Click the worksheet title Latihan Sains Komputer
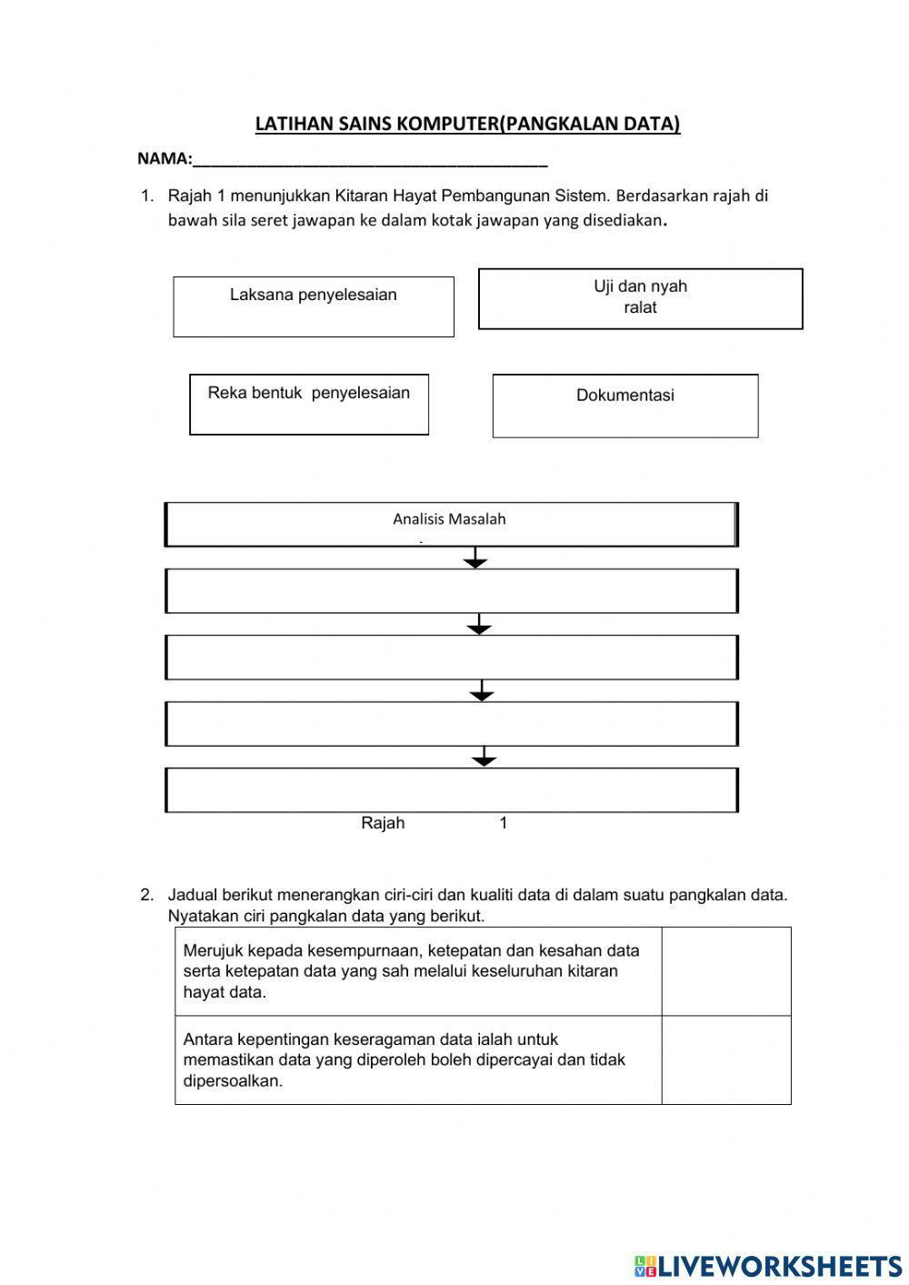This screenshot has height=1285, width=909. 467,125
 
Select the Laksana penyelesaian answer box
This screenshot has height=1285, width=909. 314,306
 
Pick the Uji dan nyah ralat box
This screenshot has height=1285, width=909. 640,298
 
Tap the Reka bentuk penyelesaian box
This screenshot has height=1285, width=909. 309,404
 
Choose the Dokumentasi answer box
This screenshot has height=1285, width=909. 625,406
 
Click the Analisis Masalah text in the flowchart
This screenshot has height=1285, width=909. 449,519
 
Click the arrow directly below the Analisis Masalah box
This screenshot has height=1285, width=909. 475,558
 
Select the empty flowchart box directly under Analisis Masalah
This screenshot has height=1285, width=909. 451,591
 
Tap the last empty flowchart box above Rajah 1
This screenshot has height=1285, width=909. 451,789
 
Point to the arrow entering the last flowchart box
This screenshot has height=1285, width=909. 484,757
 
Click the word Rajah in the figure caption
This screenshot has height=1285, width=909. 383,823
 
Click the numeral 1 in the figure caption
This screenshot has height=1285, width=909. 504,823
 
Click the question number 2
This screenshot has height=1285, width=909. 146,894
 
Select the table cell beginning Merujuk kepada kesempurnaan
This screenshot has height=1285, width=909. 417,971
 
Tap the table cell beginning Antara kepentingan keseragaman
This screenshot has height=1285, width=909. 417,1059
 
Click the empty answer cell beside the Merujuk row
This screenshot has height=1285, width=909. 725,971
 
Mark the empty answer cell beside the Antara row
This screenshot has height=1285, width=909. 725,1059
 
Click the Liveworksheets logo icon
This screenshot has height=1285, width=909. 645,1265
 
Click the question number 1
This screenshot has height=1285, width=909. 146,196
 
